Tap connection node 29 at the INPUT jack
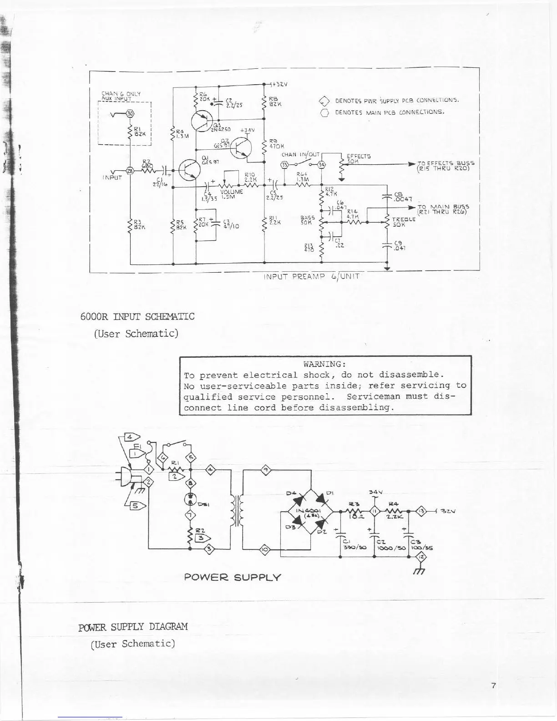[x=130, y=170]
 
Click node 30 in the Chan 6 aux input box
[x=130, y=113]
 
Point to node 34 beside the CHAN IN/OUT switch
[x=321, y=164]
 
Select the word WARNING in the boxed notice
[x=325, y=364]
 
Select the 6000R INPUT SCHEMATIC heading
[x=137, y=316]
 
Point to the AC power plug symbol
[x=131, y=477]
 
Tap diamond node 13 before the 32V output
[x=421, y=511]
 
